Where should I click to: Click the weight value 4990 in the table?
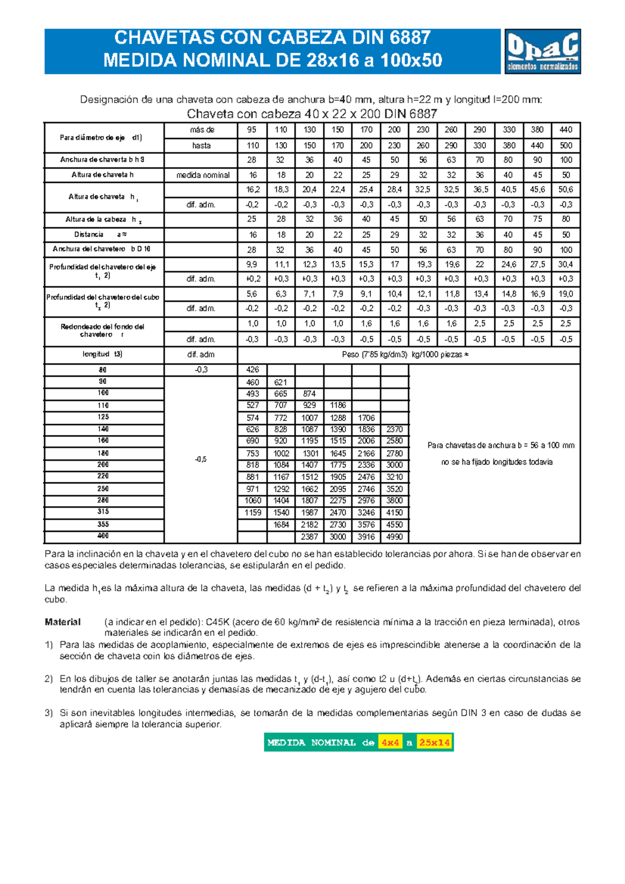coord(394,537)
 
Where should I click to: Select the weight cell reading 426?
coord(253,370)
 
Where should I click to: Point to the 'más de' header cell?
coord(202,130)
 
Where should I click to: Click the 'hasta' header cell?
coord(202,145)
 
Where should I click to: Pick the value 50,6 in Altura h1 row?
coord(566,190)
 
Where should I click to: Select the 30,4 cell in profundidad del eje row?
coord(566,265)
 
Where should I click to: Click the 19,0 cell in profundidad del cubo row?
coord(566,294)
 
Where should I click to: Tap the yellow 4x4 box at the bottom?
coord(390,743)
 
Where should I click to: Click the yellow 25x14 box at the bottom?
coord(434,743)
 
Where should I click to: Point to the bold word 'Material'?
coord(63,622)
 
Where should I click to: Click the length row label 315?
coord(103,512)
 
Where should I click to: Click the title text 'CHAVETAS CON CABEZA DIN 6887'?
coord(272,38)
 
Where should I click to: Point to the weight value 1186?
coord(337,405)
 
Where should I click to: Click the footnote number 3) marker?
coord(48,713)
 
